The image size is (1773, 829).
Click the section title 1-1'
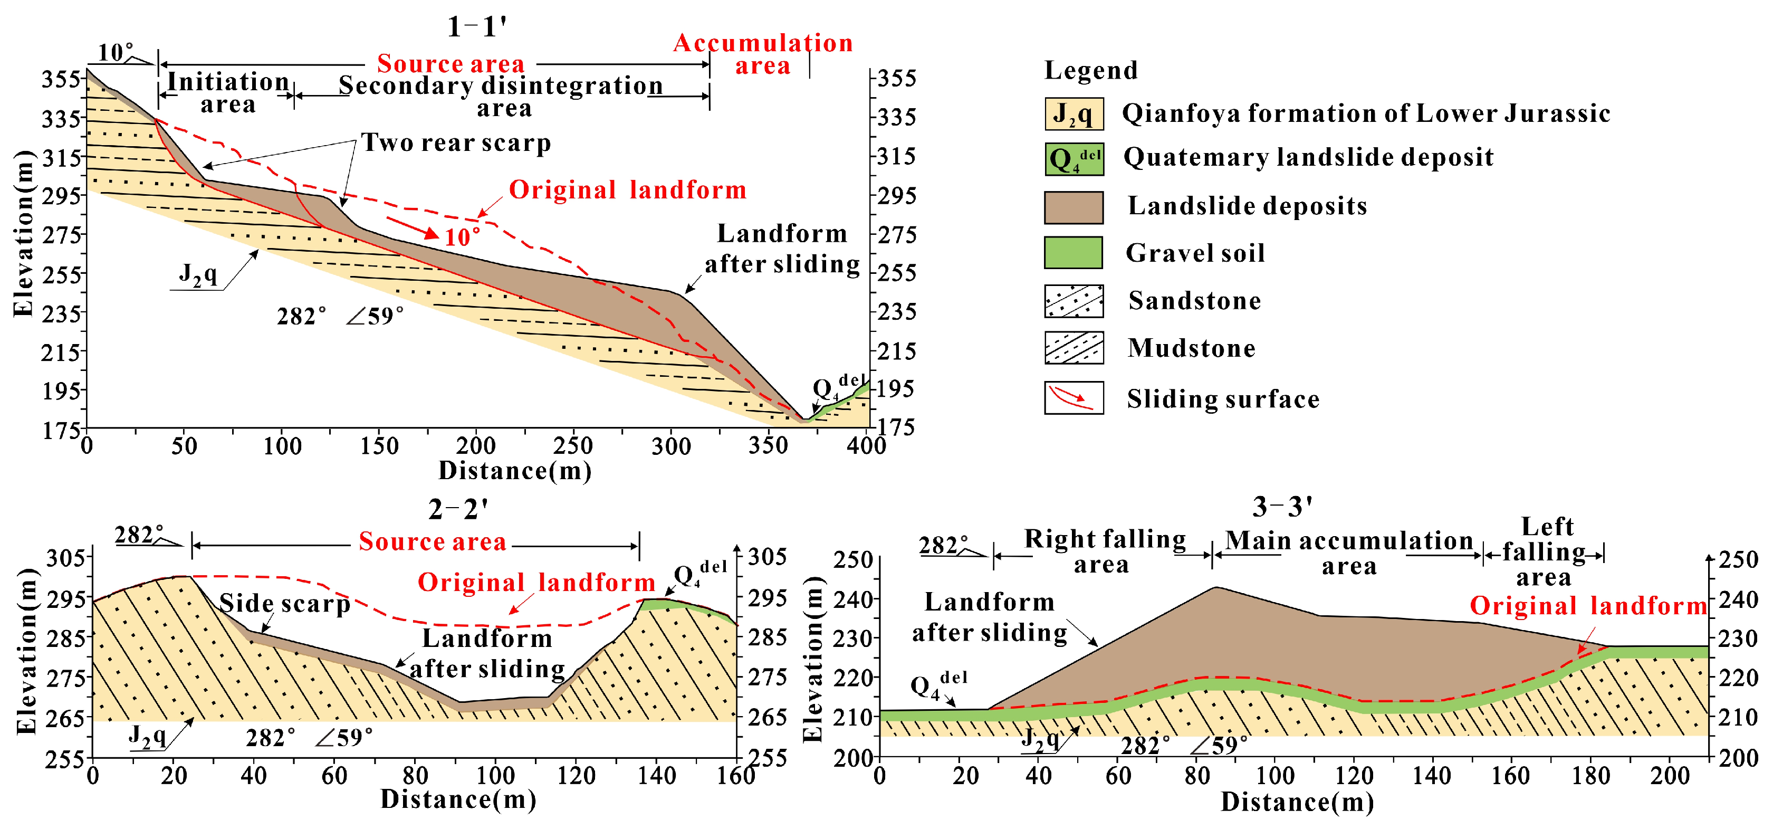(x=476, y=27)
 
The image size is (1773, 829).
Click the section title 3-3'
(x=1281, y=508)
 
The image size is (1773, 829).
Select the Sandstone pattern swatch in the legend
(x=1073, y=301)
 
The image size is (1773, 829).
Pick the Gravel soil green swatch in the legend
(x=1073, y=253)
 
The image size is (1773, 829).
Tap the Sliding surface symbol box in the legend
(x=1073, y=398)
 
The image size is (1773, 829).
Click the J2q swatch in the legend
(x=1073, y=113)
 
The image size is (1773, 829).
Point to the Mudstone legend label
(x=1191, y=348)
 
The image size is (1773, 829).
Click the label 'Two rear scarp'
(x=456, y=142)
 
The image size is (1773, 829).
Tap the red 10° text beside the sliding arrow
(x=462, y=237)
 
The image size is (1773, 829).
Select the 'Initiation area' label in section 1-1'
(x=228, y=93)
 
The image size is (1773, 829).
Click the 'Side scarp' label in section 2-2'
(x=284, y=604)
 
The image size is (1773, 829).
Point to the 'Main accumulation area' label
(x=1348, y=553)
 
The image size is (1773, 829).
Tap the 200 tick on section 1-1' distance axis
(x=476, y=446)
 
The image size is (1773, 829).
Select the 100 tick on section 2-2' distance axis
(x=495, y=776)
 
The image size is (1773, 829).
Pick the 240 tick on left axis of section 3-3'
(x=853, y=599)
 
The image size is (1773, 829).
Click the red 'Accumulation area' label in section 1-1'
(x=763, y=54)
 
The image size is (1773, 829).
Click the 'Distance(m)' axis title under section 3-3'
(x=1297, y=802)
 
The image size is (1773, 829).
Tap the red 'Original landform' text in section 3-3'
(x=1588, y=606)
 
